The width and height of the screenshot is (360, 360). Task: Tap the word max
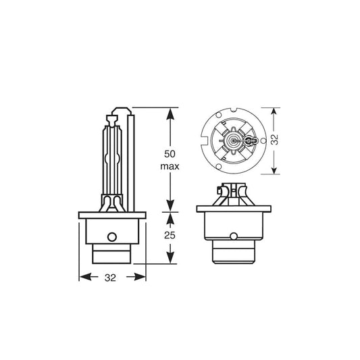[170, 165]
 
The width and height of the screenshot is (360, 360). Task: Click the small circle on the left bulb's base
[113, 237]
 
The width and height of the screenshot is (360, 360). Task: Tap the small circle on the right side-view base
[233, 236]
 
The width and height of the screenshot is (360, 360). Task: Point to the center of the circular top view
[233, 140]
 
